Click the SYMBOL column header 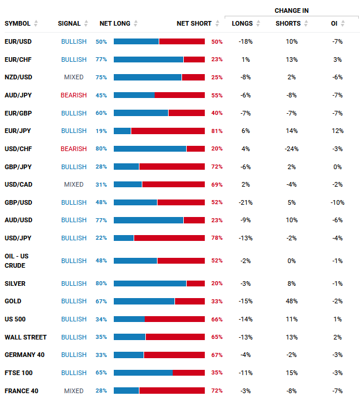(18, 23)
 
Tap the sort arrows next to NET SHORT (217, 23)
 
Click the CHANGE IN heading (292, 10)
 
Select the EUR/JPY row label (18, 131)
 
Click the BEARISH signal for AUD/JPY (74, 95)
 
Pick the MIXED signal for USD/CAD (74, 184)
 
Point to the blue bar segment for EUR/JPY (123, 131)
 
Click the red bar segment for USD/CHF (196, 149)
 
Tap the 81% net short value (217, 131)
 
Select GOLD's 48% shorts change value (292, 301)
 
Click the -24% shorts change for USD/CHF (292, 149)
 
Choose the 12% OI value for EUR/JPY (337, 131)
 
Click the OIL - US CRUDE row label (16, 261)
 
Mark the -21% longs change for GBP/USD (246, 202)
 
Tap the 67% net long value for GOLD (101, 301)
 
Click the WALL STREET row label (26, 337)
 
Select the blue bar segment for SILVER (150, 283)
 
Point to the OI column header (334, 23)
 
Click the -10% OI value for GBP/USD (337, 202)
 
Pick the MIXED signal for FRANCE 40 (74, 391)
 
